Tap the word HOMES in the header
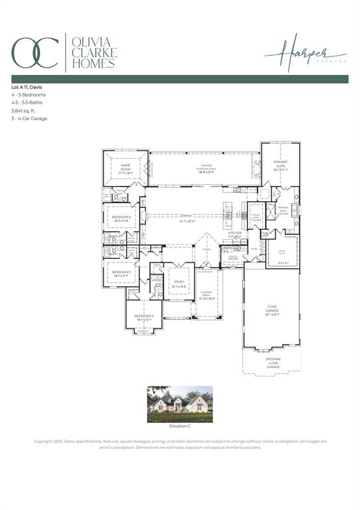[94, 64]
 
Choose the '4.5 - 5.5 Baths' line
[29, 103]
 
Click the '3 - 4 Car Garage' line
[31, 119]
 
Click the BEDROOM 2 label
[121, 218]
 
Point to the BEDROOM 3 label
[121, 273]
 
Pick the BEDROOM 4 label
[143, 317]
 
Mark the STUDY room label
[179, 283]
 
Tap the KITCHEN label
[235, 234]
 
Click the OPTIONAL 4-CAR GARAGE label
[273, 363]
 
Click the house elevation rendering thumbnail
[180, 404]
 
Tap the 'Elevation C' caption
[180, 426]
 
